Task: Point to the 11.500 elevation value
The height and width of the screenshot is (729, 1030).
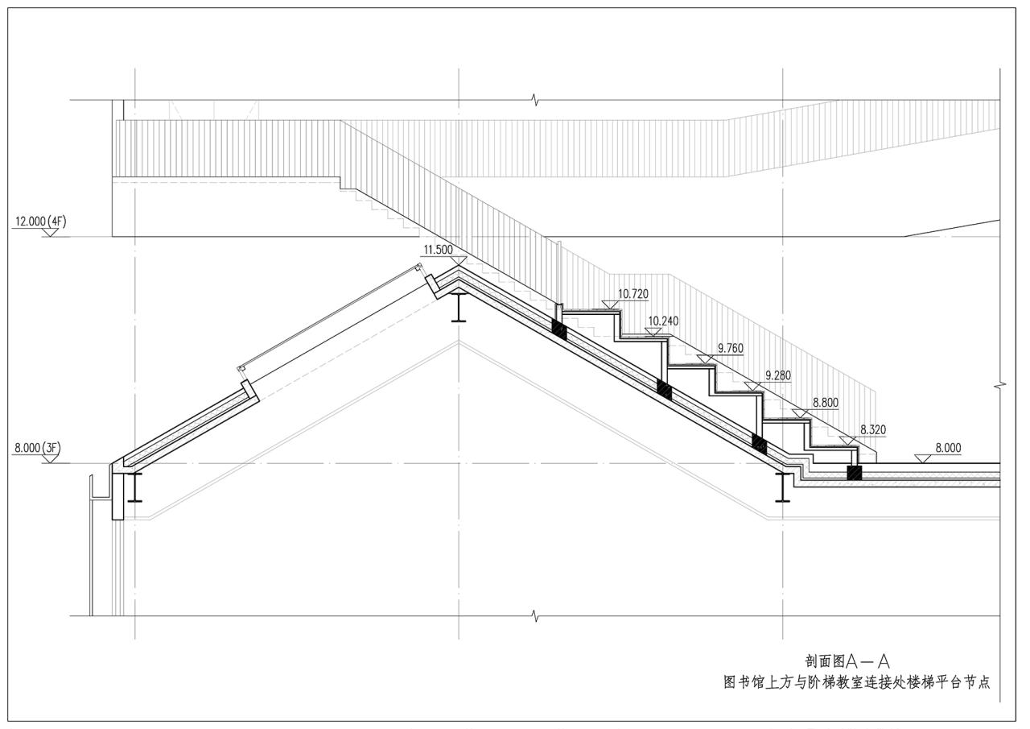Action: [438, 250]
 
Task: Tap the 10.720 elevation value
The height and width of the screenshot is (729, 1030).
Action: [633, 294]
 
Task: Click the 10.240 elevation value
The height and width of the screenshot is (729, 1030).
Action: [663, 321]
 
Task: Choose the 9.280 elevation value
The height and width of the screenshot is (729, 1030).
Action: [777, 375]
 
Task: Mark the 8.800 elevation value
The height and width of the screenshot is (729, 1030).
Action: [826, 402]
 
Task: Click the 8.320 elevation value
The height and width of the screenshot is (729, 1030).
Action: [873, 429]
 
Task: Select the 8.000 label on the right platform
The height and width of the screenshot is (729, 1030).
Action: [948, 448]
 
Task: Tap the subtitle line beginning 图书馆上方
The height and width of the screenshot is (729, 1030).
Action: [856, 681]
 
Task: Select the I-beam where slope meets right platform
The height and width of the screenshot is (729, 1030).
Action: [782, 487]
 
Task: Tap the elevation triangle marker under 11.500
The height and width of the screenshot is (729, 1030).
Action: [459, 260]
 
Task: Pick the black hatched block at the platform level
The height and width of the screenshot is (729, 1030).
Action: [854, 473]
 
